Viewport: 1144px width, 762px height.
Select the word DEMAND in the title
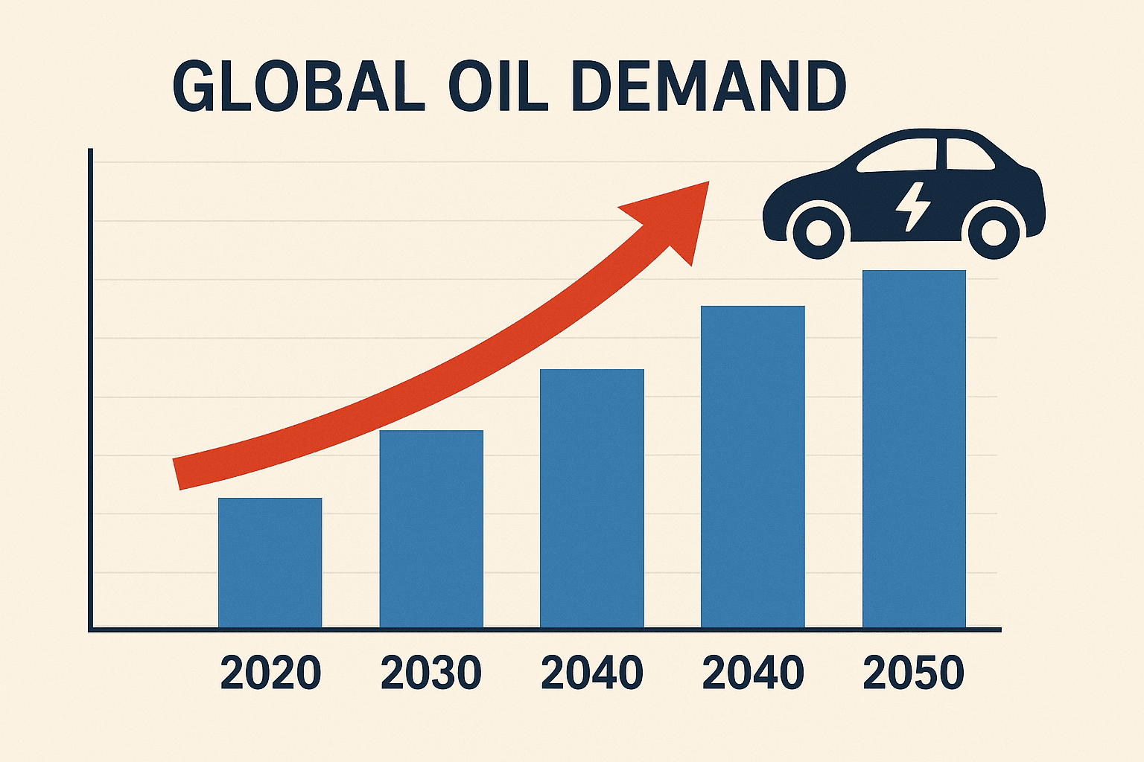tap(711, 88)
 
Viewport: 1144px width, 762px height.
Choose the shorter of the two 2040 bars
tap(592, 499)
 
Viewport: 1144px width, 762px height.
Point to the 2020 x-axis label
tap(271, 673)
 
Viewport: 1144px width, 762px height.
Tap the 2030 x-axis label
tap(431, 673)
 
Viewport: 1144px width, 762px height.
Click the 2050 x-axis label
tap(914, 673)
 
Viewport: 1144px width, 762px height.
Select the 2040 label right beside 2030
tap(592, 673)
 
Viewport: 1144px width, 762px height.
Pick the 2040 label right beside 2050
tap(753, 673)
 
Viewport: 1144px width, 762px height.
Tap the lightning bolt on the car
tap(912, 205)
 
